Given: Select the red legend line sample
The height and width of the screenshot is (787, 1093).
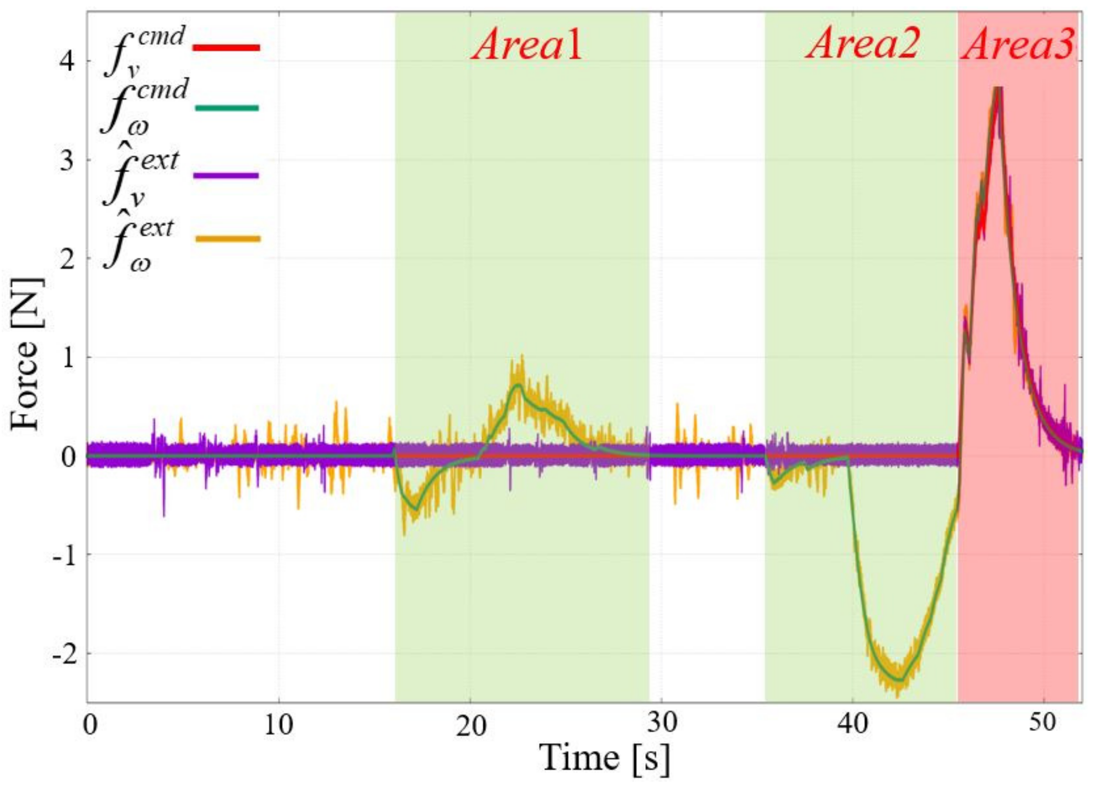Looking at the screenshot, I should click(x=226, y=47).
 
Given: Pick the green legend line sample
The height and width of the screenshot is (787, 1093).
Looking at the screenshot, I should click(x=227, y=107).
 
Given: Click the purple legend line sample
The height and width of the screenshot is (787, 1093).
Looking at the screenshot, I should click(x=226, y=176).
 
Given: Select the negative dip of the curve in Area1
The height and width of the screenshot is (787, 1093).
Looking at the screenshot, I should click(x=415, y=508).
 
